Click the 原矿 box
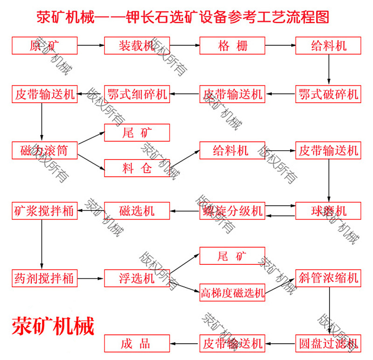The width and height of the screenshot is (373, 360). click(44, 46)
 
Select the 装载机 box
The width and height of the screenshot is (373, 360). click(137, 46)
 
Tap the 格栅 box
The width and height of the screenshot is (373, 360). click(232, 46)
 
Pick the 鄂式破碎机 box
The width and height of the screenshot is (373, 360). click(328, 94)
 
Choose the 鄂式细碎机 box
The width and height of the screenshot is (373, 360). click(137, 94)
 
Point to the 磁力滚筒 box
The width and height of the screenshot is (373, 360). click(44, 150)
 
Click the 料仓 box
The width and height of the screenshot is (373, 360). click(137, 168)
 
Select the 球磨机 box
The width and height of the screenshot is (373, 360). click(328, 210)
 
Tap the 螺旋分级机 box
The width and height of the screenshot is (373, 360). click(232, 210)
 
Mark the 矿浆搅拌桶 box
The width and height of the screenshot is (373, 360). click(44, 210)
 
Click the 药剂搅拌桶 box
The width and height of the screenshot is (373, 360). click(44, 278)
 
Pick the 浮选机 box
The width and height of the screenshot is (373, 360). click(137, 278)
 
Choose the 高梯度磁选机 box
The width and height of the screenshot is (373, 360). click(232, 293)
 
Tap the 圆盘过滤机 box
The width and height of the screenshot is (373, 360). click(328, 344)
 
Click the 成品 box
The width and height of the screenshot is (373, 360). click(137, 344)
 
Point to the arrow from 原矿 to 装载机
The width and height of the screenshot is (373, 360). click(90, 46)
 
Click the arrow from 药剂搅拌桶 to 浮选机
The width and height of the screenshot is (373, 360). click(90, 278)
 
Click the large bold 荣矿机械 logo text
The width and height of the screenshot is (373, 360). click(53, 325)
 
